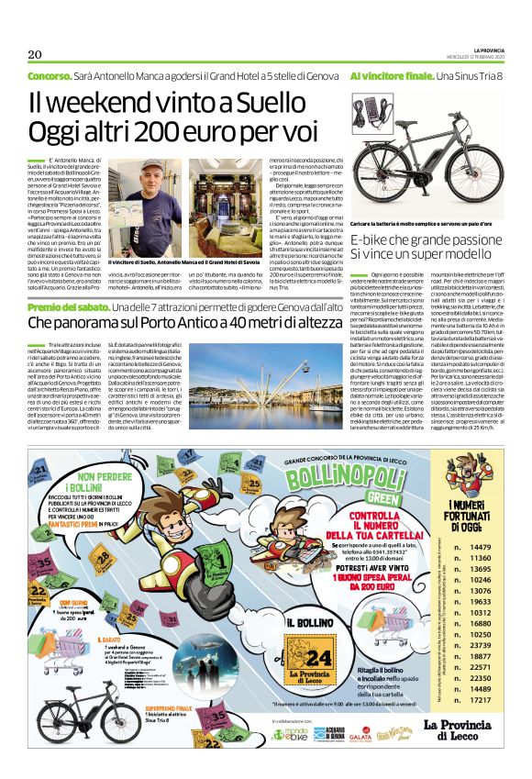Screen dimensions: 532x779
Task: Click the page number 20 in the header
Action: [35, 51]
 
